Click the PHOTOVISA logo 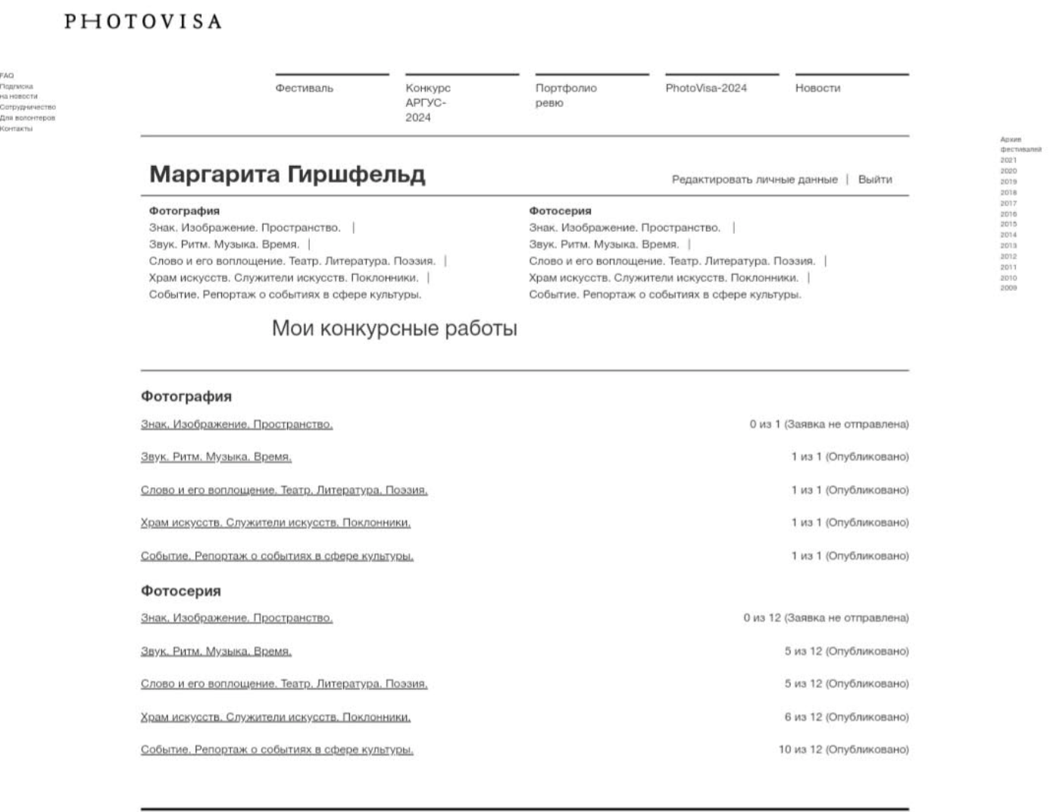point(142,21)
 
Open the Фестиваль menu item point(304,88)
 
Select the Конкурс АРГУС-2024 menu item point(427,102)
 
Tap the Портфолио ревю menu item point(565,95)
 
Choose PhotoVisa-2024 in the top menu point(705,88)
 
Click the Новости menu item point(817,88)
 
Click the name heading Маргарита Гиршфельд point(286,174)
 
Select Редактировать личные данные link point(754,180)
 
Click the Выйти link point(874,180)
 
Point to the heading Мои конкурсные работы point(394,328)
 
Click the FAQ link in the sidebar point(7,76)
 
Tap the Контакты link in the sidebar point(16,129)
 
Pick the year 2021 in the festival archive point(1008,161)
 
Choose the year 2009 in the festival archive point(1008,289)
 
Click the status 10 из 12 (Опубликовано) point(842,750)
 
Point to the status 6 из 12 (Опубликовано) point(845,717)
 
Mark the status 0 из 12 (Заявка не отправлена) point(825,618)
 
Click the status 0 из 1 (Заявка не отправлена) point(828,424)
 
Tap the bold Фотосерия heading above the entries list point(180,591)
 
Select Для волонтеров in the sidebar point(27,118)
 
